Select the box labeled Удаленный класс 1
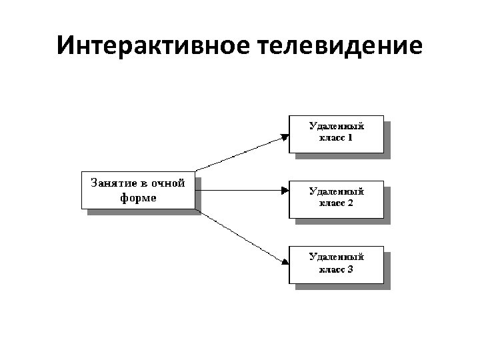click(336, 133)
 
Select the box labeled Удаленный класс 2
click(336, 198)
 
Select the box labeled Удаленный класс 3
click(336, 264)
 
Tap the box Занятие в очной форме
click(138, 190)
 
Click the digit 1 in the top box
click(350, 139)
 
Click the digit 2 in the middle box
click(350, 203)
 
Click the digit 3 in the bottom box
click(350, 269)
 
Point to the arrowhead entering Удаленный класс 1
click(285, 137)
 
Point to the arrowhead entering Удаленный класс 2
click(285, 190)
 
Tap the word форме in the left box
click(139, 197)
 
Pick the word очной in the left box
click(168, 183)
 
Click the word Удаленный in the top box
click(337, 125)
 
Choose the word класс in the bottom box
click(328, 269)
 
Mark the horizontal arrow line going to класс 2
click(240, 190)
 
